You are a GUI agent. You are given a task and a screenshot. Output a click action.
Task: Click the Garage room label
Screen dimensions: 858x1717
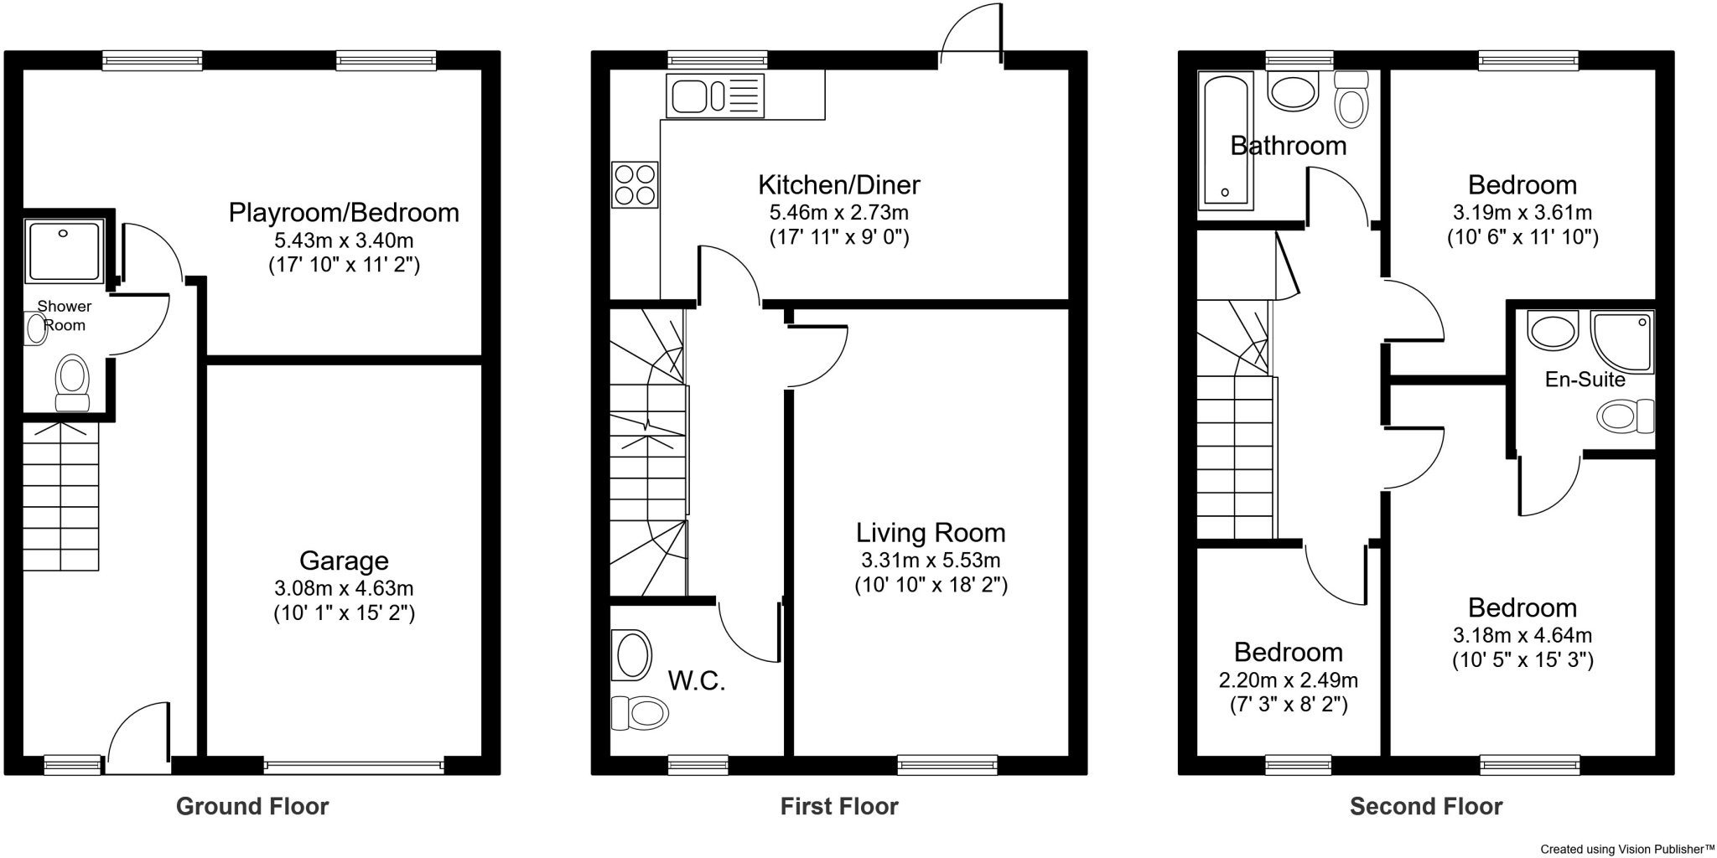344,561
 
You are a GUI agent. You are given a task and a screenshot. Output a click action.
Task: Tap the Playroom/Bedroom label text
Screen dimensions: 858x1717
344,212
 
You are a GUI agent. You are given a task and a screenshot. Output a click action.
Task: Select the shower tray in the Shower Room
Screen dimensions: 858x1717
64,251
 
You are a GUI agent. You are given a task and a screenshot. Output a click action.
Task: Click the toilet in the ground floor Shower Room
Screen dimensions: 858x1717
72,383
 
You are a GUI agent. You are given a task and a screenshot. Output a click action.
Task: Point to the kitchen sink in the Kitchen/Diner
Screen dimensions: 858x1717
715,96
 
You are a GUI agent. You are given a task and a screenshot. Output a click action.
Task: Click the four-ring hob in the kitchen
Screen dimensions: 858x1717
635,185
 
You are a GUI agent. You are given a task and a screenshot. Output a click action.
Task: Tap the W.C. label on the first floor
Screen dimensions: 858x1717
697,681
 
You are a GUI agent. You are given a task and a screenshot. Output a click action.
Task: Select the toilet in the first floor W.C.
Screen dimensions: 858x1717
640,713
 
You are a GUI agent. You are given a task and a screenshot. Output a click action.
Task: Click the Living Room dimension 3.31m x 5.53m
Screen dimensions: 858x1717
931,560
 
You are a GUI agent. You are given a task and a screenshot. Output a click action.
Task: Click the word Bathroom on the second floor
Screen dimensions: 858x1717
1288,146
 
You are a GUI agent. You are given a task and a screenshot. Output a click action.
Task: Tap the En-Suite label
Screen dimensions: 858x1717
1585,380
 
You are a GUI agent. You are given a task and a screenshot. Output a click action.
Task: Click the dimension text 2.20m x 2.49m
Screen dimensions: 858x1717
1288,680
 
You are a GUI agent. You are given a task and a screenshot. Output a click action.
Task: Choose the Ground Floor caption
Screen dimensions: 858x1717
252,806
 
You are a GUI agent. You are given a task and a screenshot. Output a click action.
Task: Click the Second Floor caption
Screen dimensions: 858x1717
1425,806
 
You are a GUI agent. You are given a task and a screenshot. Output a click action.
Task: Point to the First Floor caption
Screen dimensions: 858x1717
839,806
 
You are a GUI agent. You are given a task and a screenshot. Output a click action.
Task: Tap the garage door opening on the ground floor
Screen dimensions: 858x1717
354,764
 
